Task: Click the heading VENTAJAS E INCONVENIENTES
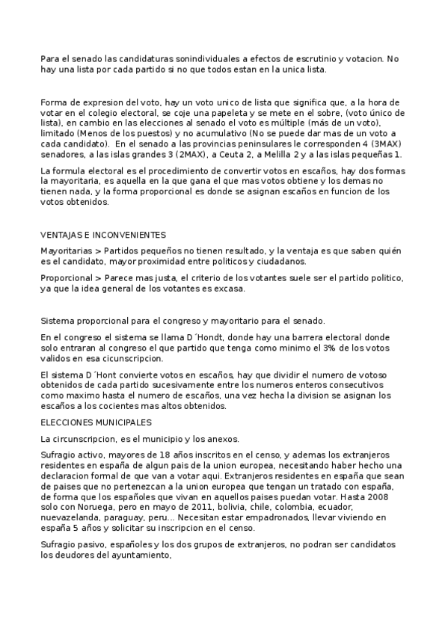[102, 235]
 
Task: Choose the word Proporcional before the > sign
[66, 277]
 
